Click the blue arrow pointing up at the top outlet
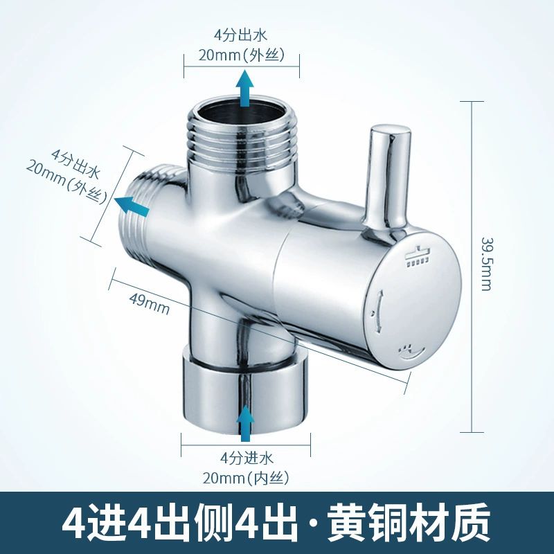tap(245, 89)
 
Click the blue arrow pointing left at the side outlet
tap(132, 206)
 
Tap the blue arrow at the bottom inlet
tap(245, 423)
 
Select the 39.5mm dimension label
tap(487, 264)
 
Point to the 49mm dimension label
tap(150, 304)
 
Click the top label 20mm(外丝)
tap(241, 55)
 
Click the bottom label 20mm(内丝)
tap(246, 479)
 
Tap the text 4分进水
tap(247, 458)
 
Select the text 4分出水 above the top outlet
tap(240, 35)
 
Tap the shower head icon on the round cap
tap(418, 257)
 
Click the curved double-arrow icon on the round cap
tap(377, 311)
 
